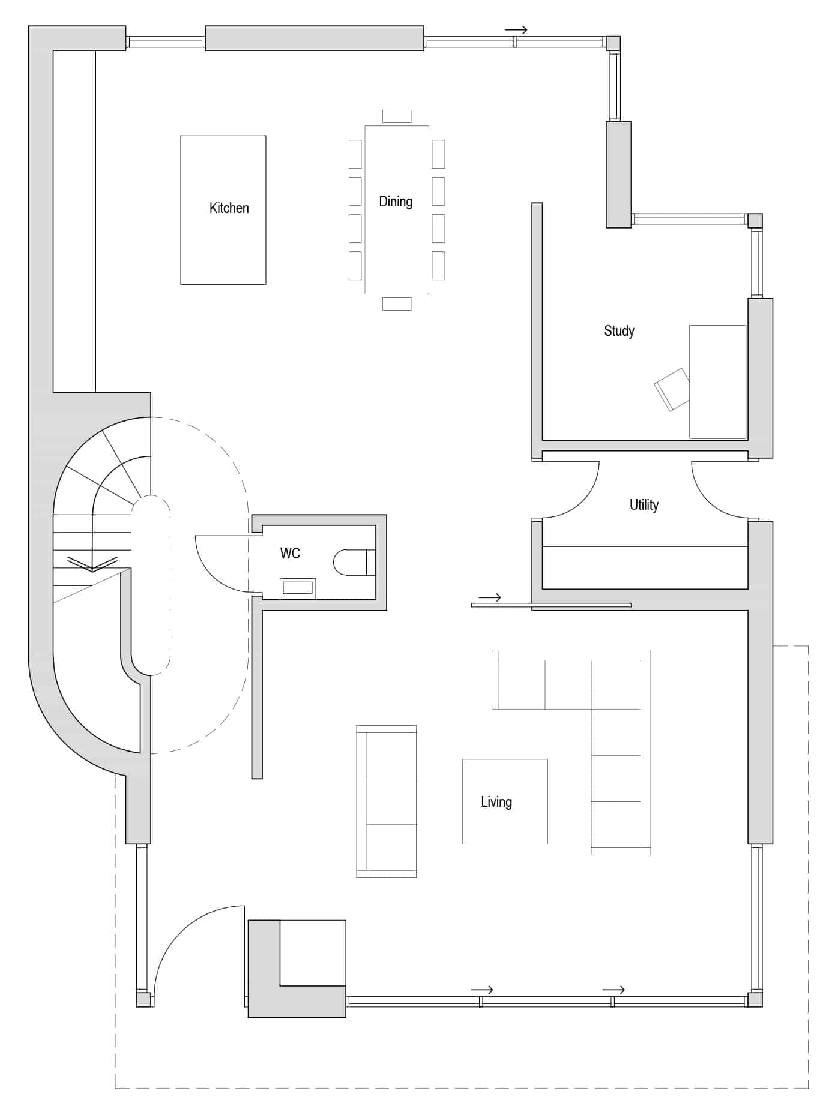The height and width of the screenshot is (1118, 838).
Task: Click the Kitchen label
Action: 229,208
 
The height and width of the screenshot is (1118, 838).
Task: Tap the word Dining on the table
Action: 396,202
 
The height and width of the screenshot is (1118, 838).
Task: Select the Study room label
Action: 619,331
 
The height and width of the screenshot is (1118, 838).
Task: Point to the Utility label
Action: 644,505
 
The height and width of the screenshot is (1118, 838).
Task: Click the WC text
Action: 290,553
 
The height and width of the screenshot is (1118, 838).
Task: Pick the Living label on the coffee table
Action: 496,802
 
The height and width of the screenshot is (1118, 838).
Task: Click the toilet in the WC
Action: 354,562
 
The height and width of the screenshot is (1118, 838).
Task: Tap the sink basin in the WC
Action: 298,588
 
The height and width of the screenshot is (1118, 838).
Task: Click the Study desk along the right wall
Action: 718,381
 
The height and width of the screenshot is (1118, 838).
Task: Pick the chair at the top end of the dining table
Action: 397,116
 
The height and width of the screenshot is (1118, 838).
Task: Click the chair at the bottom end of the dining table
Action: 397,304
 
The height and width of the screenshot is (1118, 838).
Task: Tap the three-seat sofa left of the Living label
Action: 386,801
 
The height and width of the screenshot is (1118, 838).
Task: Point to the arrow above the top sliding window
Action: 516,30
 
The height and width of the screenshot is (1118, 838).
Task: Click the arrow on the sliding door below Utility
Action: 490,597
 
